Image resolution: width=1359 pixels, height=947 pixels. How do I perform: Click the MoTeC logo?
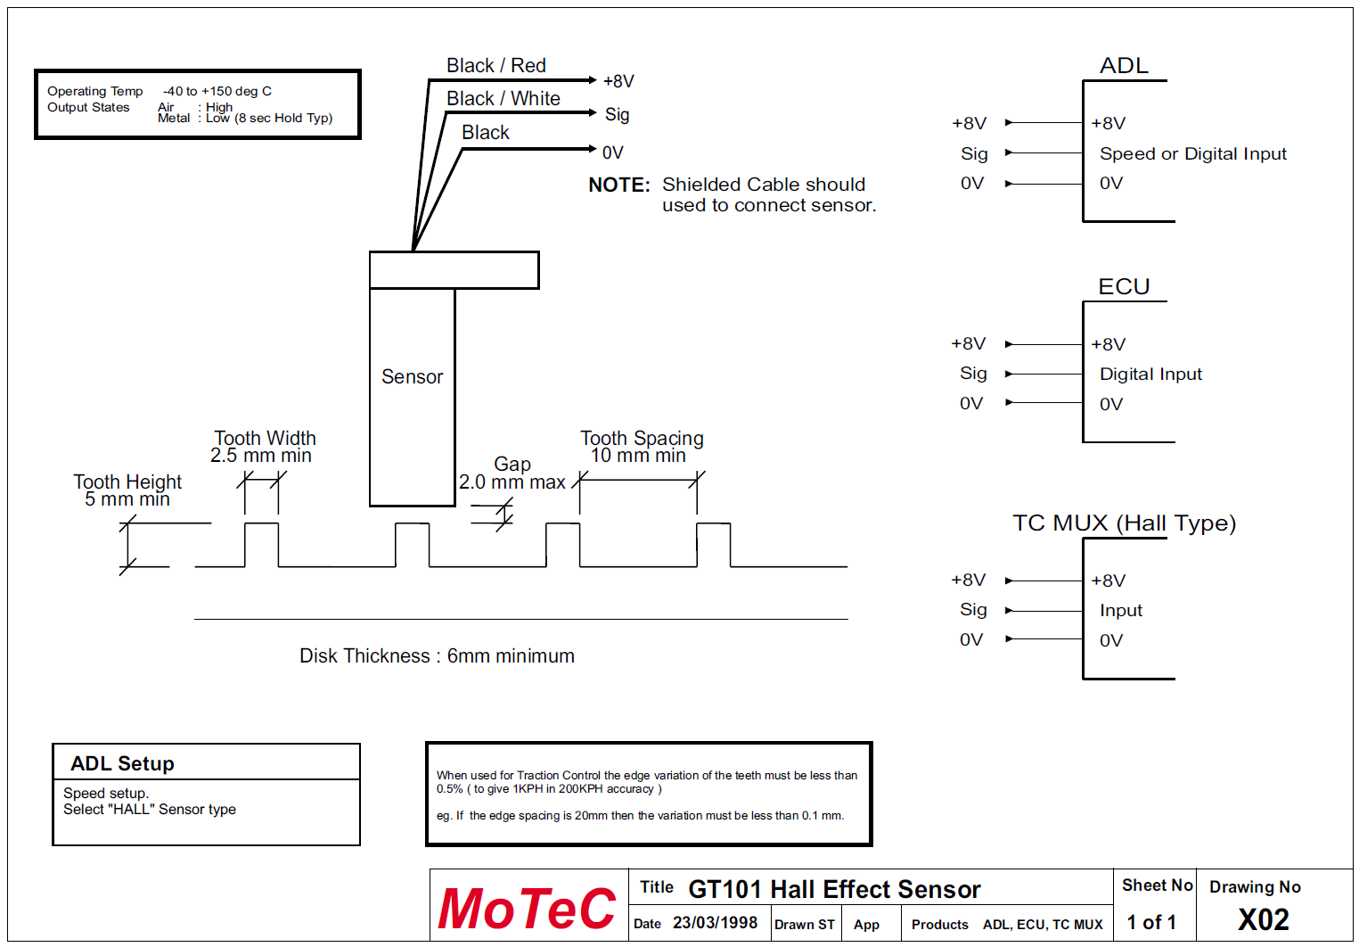tap(527, 909)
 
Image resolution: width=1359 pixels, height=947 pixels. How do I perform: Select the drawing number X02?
tap(1263, 919)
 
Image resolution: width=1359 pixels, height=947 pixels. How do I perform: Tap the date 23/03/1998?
tap(715, 923)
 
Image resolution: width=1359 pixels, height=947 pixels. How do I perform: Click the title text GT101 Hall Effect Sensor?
tap(834, 889)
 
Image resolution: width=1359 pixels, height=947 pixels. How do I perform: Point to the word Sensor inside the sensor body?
tap(412, 377)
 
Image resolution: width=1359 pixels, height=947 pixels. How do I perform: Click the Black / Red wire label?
tap(495, 66)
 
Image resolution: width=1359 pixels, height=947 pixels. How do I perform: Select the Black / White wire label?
tap(503, 99)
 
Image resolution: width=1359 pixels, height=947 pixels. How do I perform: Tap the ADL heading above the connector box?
tap(1124, 66)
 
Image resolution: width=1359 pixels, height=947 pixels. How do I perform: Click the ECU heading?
tap(1124, 286)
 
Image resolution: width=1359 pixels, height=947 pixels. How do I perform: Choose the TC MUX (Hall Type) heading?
tap(1124, 523)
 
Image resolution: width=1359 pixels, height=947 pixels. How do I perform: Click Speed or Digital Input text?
tap(1192, 153)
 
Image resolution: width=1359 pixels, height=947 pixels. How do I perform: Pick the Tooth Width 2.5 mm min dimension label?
tap(264, 447)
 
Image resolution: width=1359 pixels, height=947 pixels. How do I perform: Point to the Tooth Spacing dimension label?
tap(642, 447)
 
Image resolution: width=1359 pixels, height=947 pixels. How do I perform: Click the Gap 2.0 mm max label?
tap(512, 473)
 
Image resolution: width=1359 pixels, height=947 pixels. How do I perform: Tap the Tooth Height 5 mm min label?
tap(127, 490)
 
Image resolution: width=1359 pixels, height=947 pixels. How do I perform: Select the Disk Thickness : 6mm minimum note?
tap(437, 656)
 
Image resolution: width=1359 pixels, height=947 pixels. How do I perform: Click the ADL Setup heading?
tap(122, 763)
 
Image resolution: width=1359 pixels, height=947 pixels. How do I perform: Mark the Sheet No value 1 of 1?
tap(1151, 922)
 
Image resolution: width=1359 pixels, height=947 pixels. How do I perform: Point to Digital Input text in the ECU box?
tap(1150, 375)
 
